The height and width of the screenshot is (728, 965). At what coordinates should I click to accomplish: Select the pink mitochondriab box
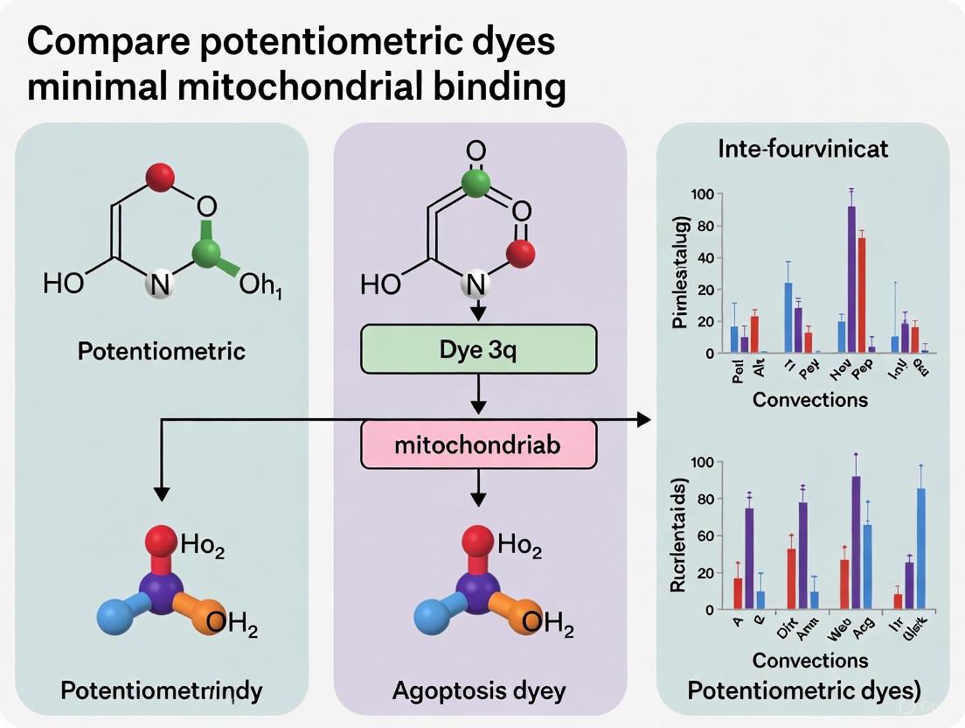pyautogui.click(x=478, y=445)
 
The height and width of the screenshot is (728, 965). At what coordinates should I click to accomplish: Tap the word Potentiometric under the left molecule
pyautogui.click(x=162, y=351)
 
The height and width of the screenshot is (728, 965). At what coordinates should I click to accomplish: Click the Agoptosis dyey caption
pyautogui.click(x=478, y=690)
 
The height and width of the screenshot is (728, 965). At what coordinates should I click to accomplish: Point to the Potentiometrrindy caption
pyautogui.click(x=162, y=690)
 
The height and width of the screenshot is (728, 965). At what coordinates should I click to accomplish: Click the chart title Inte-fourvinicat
pyautogui.click(x=802, y=149)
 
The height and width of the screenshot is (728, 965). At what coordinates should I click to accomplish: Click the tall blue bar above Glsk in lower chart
pyautogui.click(x=920, y=548)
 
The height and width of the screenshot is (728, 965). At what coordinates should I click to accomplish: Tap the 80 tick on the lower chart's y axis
pyautogui.click(x=701, y=500)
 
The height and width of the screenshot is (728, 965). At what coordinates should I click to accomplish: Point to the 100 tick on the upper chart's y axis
pyautogui.click(x=701, y=193)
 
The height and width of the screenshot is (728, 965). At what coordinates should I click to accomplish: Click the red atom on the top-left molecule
pyautogui.click(x=160, y=178)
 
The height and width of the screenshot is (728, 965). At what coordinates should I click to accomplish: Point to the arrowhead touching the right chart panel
pyautogui.click(x=645, y=420)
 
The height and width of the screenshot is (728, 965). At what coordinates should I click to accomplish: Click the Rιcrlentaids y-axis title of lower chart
pyautogui.click(x=678, y=535)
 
